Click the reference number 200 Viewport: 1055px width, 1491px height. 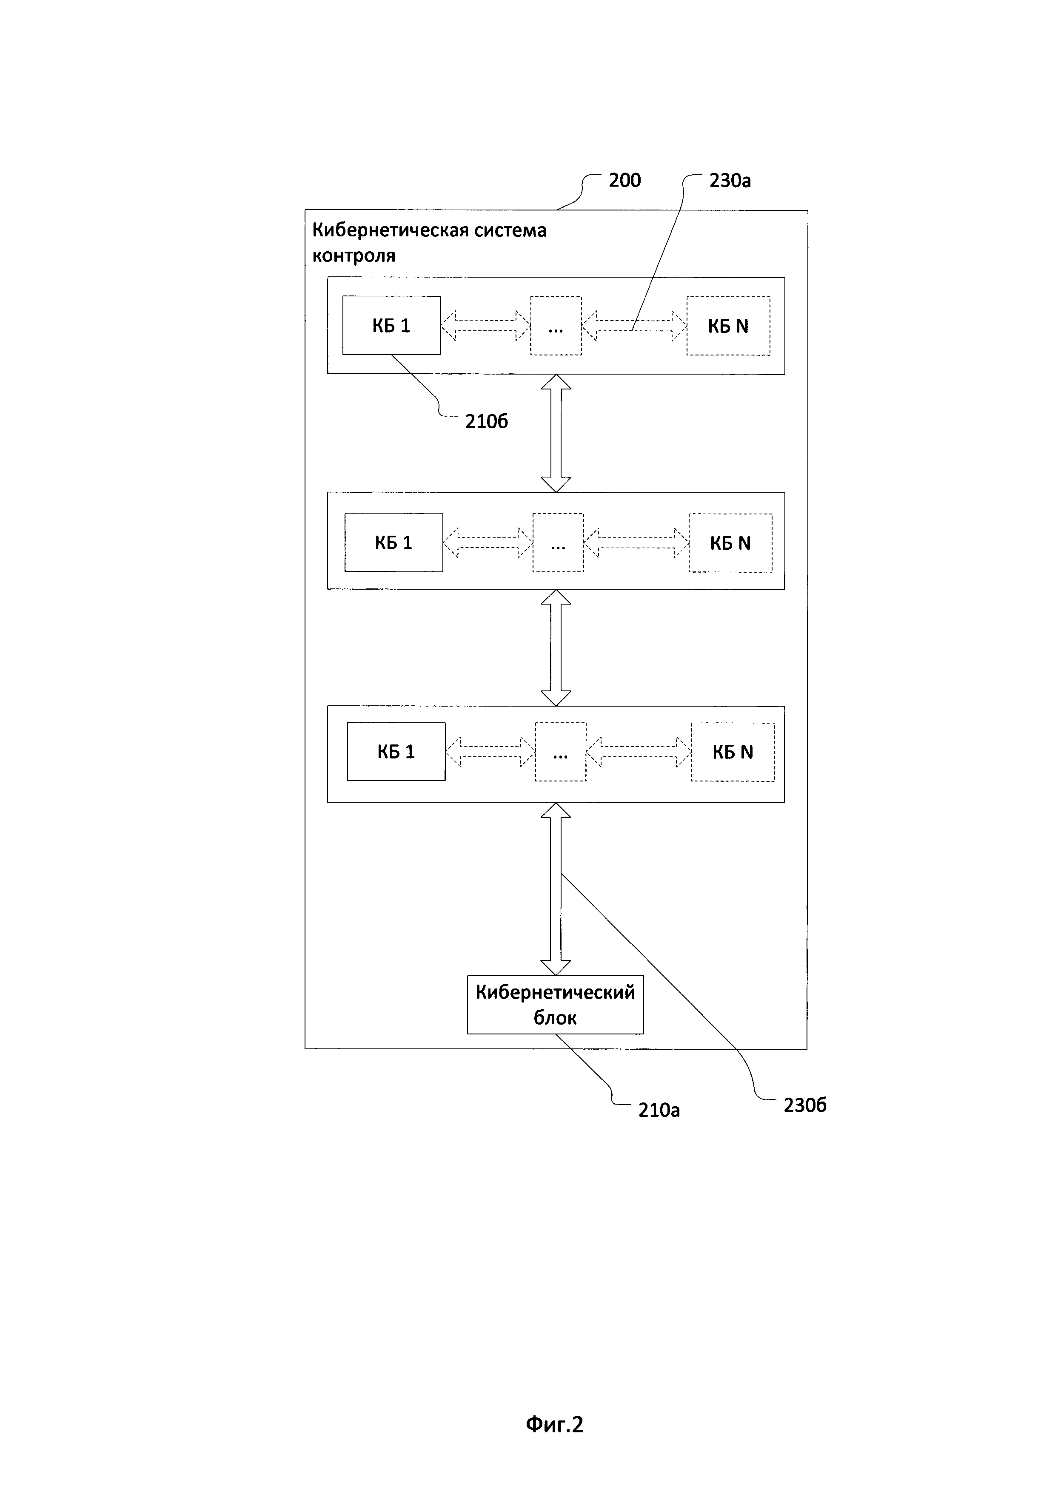pyautogui.click(x=624, y=181)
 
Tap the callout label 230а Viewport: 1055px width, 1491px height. pyautogui.click(x=730, y=181)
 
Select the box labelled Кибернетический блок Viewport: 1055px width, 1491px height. pyautogui.click(x=556, y=1005)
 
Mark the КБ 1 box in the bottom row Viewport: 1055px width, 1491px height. pyautogui.click(x=396, y=751)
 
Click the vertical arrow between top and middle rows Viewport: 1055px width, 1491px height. pyautogui.click(x=556, y=433)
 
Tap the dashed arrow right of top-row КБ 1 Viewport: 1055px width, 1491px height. pyautogui.click(x=486, y=325)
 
